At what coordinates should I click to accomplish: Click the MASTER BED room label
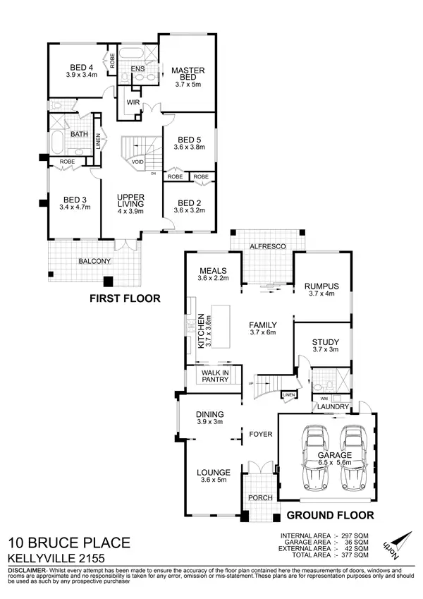click(x=188, y=74)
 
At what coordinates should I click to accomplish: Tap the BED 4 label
click(x=81, y=68)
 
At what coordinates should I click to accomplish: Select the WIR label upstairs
click(x=132, y=102)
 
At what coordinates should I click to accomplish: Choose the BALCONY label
click(x=94, y=261)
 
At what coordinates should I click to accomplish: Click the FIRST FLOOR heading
click(x=125, y=298)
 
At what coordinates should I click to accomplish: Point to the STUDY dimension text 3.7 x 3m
click(x=325, y=349)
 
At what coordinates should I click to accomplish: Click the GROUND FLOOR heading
click(x=330, y=514)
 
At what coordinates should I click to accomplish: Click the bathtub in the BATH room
click(x=57, y=145)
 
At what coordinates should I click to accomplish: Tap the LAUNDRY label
click(x=331, y=407)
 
